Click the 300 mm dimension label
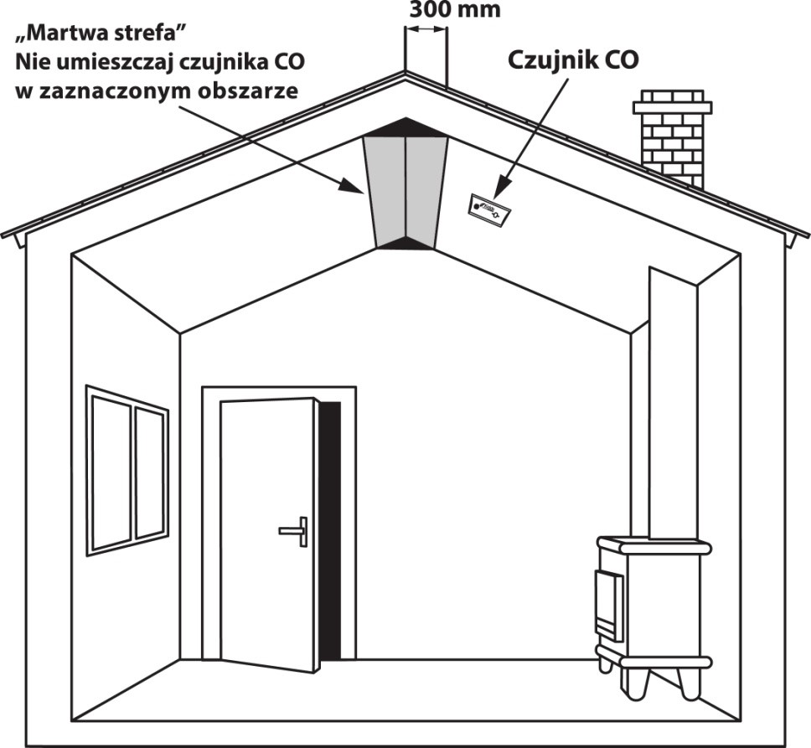455,10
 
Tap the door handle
295,531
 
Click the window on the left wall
128,469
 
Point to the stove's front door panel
609,603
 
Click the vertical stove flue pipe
673,402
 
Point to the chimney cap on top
672,106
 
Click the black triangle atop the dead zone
405,127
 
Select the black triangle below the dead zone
405,244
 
